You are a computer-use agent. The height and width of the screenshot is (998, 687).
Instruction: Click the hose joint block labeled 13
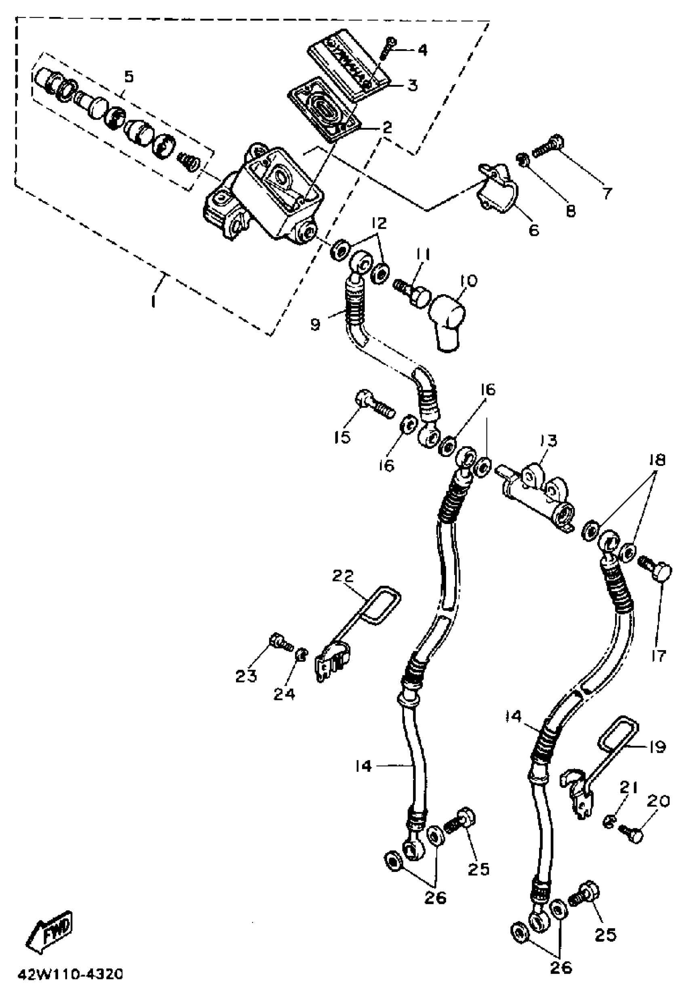[538, 491]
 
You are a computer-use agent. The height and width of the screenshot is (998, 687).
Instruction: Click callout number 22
[343, 575]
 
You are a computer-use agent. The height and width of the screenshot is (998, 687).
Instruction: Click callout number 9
[316, 324]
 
